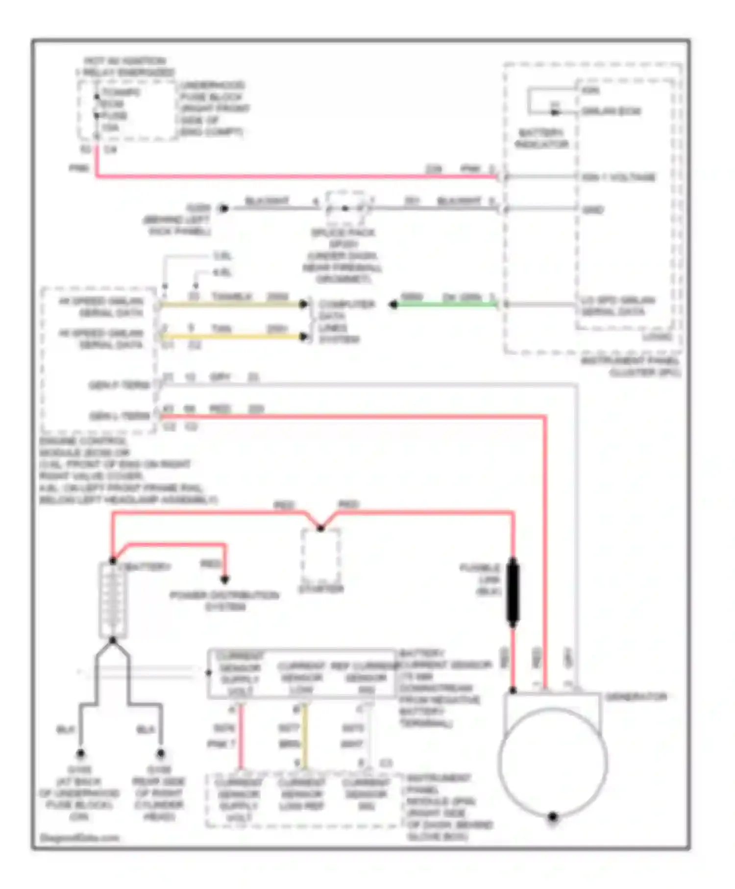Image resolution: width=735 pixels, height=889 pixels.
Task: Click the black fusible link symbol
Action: click(x=513, y=593)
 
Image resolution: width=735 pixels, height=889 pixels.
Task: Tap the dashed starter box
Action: click(x=320, y=556)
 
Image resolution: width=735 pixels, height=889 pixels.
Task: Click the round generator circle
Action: click(x=553, y=762)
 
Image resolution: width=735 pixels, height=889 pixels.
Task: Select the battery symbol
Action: click(x=113, y=600)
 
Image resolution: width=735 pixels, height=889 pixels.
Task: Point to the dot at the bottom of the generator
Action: click(x=553, y=817)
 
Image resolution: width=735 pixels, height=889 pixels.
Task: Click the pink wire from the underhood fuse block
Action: click(x=294, y=175)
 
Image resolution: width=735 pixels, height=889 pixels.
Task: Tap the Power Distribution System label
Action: click(x=224, y=601)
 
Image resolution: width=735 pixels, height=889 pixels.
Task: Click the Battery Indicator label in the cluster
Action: click(x=541, y=139)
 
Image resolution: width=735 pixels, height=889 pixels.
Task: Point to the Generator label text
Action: click(x=636, y=697)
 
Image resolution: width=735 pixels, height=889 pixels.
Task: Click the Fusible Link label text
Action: click(x=481, y=580)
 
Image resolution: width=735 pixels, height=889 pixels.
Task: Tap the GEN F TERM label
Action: click(x=120, y=385)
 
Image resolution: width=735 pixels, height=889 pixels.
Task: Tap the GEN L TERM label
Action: click(x=120, y=416)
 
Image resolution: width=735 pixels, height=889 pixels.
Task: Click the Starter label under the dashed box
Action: click(x=321, y=589)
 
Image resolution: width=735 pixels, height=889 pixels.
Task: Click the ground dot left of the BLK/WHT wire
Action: click(x=223, y=209)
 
